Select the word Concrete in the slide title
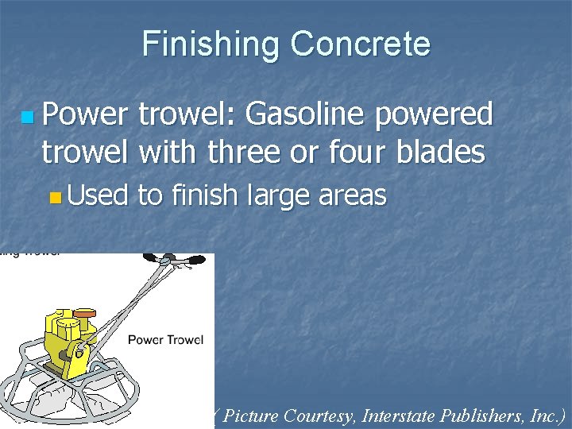360,44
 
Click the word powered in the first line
436,115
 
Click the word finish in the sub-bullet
203,195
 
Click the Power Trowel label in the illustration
165,340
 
